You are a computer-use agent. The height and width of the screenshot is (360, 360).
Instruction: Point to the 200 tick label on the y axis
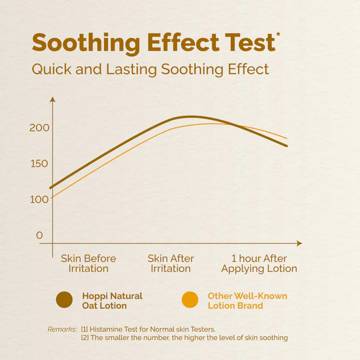(x=40, y=127)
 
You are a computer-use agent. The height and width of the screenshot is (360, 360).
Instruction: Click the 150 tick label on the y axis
(x=40, y=163)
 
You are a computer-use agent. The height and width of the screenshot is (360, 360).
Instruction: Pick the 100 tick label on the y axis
(x=40, y=199)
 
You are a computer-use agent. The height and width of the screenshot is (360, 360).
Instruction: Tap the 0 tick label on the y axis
(x=40, y=235)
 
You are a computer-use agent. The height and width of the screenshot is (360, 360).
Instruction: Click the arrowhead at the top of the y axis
(x=53, y=99)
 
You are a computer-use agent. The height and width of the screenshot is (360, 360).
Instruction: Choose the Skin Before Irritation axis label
(x=88, y=263)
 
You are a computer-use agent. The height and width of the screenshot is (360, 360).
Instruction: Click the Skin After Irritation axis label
(x=171, y=263)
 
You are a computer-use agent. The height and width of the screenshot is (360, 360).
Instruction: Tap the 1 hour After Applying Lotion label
(x=259, y=263)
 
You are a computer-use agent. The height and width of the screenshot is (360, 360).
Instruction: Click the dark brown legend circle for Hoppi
(x=64, y=300)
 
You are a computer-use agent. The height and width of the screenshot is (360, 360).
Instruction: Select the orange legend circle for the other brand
(x=190, y=300)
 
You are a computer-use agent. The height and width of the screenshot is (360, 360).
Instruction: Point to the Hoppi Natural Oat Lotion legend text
(x=112, y=301)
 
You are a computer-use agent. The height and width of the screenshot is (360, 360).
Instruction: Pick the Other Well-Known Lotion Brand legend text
(x=247, y=301)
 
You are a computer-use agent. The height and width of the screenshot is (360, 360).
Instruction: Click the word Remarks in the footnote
(x=62, y=329)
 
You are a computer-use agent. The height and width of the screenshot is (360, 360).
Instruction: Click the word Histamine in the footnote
(x=110, y=329)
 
